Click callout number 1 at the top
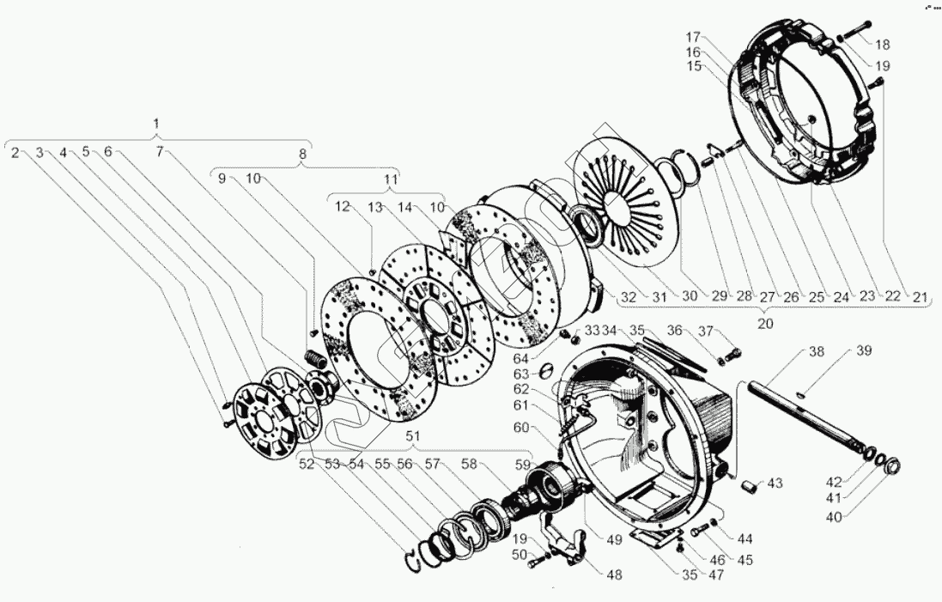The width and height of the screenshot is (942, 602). [155, 124]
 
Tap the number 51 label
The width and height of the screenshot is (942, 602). [413, 435]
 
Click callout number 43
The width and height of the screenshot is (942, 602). [775, 483]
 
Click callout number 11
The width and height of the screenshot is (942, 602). [391, 180]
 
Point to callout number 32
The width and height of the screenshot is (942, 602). [629, 297]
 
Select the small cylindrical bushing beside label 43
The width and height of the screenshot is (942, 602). [749, 488]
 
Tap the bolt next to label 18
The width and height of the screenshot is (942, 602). [849, 37]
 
